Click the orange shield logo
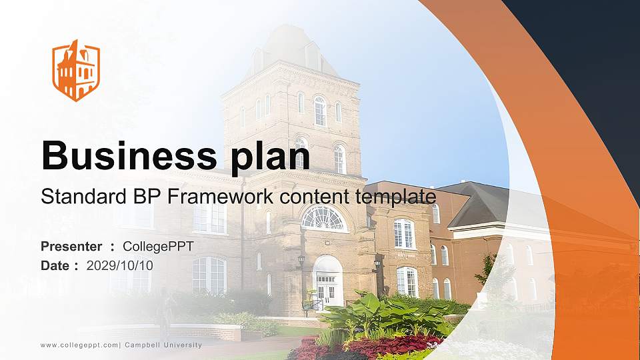(76, 70)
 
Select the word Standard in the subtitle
(77, 197)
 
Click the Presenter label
(71, 247)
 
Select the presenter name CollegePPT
(158, 247)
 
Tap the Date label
(56, 265)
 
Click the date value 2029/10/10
(120, 265)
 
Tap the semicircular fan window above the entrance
(324, 219)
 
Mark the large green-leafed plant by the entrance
(387, 310)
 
